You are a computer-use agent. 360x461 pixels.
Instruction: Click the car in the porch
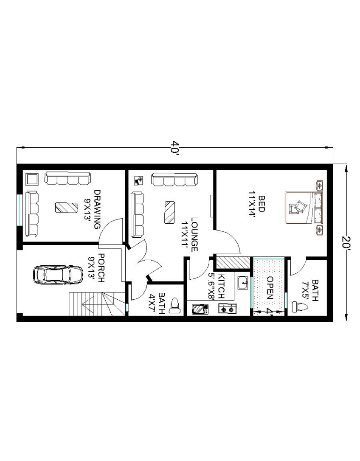pyautogui.click(x=58, y=275)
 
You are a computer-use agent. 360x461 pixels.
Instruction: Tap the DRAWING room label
pyautogui.click(x=97, y=209)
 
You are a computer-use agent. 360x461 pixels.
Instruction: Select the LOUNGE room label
pyautogui.click(x=194, y=234)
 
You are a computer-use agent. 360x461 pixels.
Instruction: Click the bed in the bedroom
pyautogui.click(x=304, y=208)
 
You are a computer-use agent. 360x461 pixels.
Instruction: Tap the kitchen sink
pyautogui.click(x=243, y=283)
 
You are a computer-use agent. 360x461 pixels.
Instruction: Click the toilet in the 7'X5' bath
pyautogui.click(x=300, y=307)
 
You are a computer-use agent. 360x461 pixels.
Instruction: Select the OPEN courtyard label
pyautogui.click(x=270, y=287)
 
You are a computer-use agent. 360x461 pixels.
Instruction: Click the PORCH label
pyautogui.click(x=101, y=268)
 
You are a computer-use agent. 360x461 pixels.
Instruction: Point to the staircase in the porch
pyautogui.click(x=97, y=304)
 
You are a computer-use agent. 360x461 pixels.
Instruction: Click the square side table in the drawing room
pyautogui.click(x=32, y=179)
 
